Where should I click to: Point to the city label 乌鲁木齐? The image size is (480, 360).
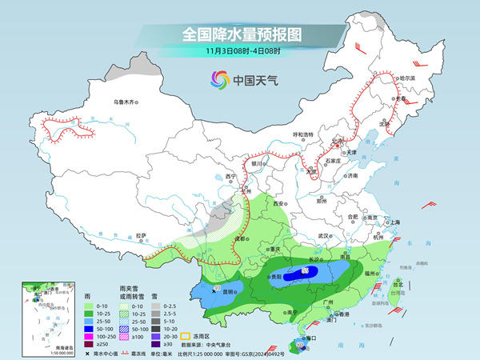point(126,102)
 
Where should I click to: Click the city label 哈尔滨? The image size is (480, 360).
point(407,78)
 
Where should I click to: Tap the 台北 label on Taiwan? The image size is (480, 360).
point(398,282)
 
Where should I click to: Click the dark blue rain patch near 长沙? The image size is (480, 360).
point(308,274)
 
